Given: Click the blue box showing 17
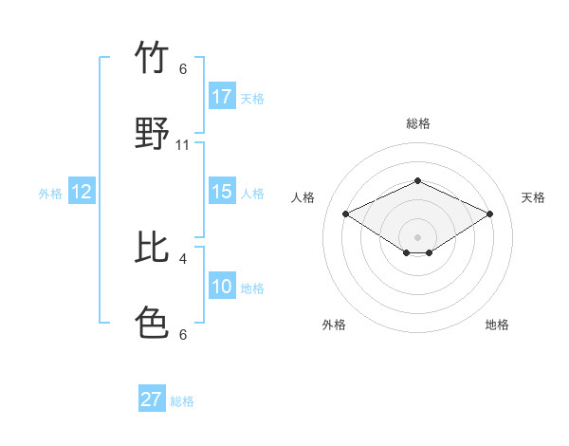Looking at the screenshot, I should pos(222,97).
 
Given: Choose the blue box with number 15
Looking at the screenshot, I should pos(222,192).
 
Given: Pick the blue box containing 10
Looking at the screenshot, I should pos(222,287).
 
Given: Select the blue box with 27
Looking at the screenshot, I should pos(152,400).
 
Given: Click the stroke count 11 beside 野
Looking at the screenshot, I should pos(183,145).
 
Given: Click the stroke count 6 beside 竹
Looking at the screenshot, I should pos(183,69).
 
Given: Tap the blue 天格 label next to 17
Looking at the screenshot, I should pos(252,98).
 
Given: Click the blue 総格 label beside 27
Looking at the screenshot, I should pos(182,401).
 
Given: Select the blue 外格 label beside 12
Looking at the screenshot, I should pos(50,194).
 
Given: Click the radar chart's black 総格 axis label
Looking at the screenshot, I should pos(417,123).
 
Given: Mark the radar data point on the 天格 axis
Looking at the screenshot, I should pos(489,214).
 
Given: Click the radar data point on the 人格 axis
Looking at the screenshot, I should pos(346,214).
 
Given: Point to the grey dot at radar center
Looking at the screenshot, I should pos(417,236).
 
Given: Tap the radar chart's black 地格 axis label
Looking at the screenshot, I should pos(497,325).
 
